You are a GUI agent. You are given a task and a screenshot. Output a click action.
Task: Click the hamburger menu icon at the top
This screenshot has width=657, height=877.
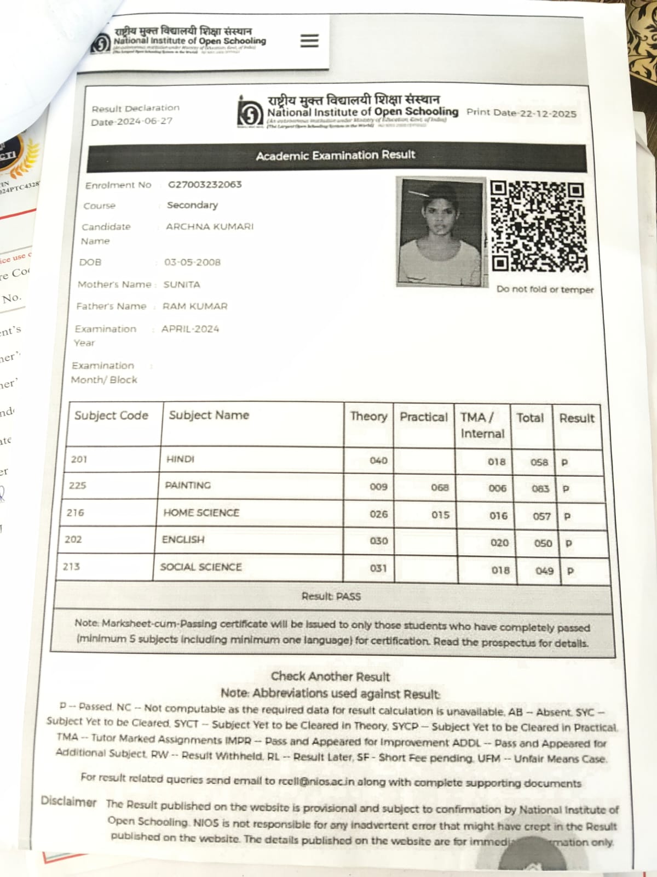(309, 41)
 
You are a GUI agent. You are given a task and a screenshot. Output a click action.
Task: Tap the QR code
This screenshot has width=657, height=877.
(538, 226)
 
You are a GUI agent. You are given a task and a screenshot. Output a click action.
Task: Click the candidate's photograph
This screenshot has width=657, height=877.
(441, 231)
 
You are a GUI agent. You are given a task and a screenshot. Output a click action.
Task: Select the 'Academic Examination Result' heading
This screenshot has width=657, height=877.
(336, 156)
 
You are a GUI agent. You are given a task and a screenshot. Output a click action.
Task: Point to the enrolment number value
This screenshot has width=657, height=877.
(205, 184)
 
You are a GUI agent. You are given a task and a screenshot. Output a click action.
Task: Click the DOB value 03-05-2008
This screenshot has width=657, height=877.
(192, 262)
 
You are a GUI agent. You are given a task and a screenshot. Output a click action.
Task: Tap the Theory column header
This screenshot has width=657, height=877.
(368, 417)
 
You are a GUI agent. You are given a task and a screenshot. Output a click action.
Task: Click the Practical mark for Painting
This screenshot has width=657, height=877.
(440, 487)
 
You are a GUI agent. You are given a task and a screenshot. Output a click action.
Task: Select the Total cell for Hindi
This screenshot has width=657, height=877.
(539, 462)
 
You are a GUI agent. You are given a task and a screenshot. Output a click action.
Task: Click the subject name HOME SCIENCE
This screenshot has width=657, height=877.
(201, 512)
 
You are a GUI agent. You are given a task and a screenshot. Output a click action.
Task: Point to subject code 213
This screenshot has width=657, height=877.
(71, 566)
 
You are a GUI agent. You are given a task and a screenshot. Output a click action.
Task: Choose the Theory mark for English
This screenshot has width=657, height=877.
(378, 541)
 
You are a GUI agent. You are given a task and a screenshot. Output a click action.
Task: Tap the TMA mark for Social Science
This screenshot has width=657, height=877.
(500, 570)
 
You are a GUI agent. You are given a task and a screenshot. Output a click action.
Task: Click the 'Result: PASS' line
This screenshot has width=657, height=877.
(331, 596)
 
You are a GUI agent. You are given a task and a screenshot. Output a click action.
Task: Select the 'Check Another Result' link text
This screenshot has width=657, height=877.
(330, 676)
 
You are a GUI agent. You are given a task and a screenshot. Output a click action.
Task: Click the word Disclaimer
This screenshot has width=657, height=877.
(68, 802)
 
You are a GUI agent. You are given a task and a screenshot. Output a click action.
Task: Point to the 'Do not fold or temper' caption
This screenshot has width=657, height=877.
(545, 289)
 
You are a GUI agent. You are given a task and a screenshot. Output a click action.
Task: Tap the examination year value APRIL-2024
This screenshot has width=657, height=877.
(190, 329)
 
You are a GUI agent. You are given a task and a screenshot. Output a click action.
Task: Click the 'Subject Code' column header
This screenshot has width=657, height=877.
(112, 415)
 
